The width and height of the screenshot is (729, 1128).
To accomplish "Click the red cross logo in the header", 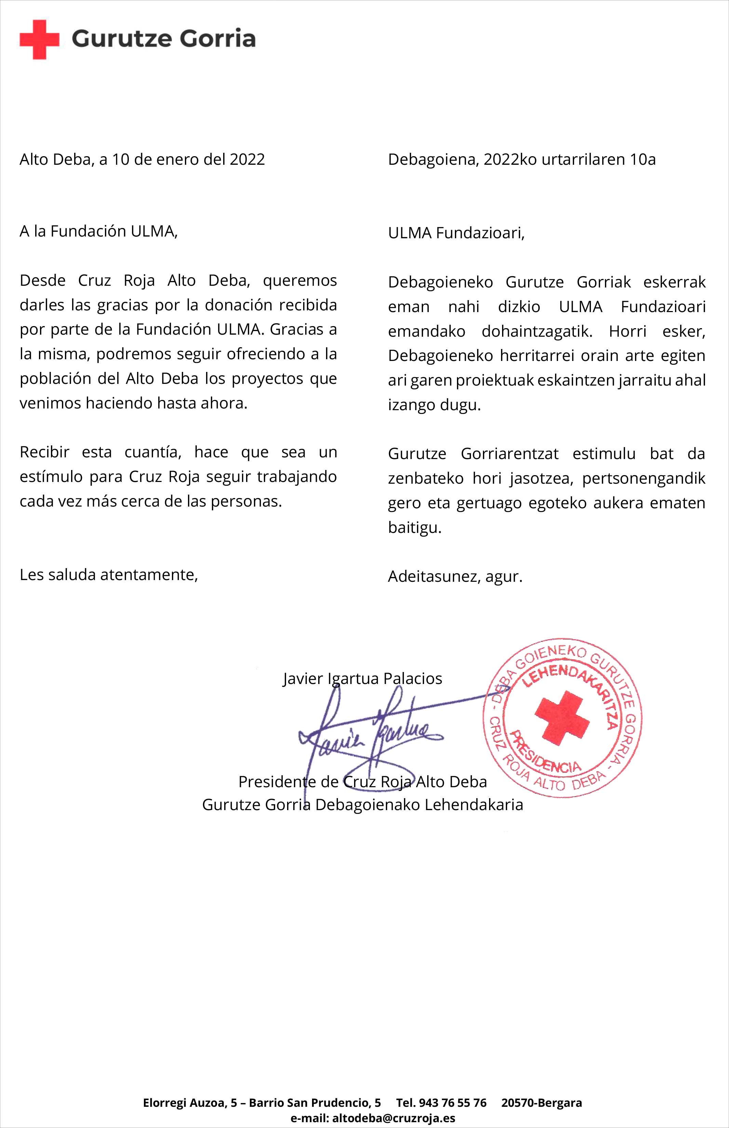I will click(x=39, y=39).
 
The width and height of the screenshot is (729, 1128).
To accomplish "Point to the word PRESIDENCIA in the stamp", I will click(x=544, y=753).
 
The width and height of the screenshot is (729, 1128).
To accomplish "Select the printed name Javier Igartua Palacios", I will click(x=363, y=678).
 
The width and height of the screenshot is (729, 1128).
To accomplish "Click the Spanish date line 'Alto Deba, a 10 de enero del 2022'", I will click(x=142, y=160).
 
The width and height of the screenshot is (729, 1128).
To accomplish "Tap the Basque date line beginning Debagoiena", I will click(x=522, y=160).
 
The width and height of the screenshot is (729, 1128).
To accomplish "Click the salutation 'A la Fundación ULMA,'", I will click(x=98, y=231).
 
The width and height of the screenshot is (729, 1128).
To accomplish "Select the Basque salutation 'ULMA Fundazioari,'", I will click(x=456, y=233).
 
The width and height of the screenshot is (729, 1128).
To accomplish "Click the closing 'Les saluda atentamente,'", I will click(x=108, y=575).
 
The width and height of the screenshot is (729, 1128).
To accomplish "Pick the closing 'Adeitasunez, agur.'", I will click(x=455, y=577).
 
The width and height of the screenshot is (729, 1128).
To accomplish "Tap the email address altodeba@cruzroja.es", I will click(x=393, y=1118).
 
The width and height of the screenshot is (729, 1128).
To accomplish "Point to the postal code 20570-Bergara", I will click(x=542, y=1103).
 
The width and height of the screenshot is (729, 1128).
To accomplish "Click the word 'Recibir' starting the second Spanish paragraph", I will click(x=44, y=452).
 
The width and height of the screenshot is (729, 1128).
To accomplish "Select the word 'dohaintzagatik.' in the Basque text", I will click(x=537, y=331).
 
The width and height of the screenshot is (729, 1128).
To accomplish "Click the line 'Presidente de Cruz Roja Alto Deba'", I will click(x=363, y=781).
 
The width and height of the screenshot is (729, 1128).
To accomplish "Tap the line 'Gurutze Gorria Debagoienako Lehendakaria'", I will click(x=363, y=805).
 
